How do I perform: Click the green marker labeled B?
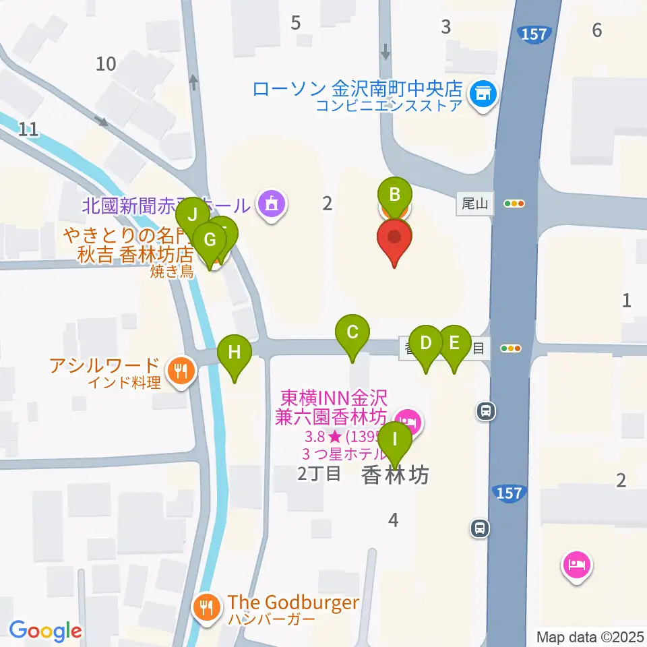[x=395, y=195]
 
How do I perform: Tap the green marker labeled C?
[x=352, y=332]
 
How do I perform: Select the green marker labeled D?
[x=426, y=343]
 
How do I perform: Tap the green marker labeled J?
[x=193, y=216]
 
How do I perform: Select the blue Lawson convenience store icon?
[x=483, y=94]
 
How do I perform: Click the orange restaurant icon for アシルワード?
[x=181, y=370]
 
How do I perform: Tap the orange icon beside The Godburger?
[x=205, y=607]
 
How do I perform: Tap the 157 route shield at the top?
[x=534, y=34]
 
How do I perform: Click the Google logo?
[x=46, y=631]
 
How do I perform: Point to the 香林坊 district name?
[x=395, y=475]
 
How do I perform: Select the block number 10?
[x=106, y=64]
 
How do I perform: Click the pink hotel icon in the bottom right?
[x=577, y=563]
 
